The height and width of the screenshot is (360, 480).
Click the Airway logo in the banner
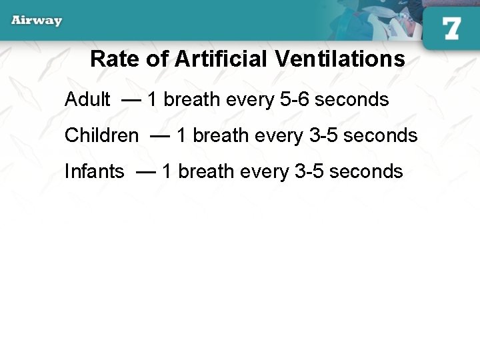click(37, 20)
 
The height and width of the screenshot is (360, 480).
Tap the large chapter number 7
click(451, 29)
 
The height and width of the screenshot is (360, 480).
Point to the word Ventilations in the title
click(339, 59)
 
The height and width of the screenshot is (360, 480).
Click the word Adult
click(87, 100)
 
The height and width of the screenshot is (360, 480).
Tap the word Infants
click(94, 172)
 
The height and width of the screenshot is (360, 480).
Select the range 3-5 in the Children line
click(324, 136)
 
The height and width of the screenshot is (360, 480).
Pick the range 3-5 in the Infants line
click(309, 172)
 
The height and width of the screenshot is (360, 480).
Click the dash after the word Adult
click(131, 100)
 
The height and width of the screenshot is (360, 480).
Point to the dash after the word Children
click(160, 136)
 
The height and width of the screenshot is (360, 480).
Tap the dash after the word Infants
click(145, 172)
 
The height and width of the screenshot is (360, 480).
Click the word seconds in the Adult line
click(351, 100)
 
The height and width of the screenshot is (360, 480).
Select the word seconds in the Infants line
click(366, 172)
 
